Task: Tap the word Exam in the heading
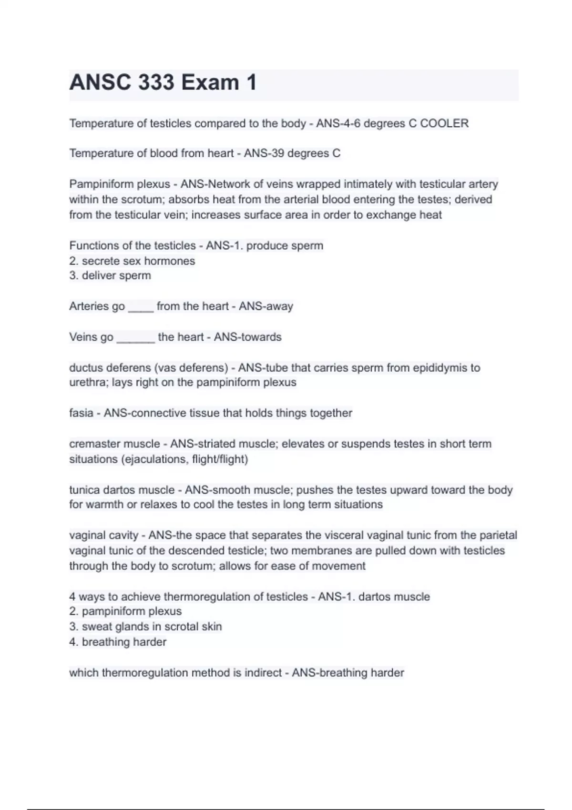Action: [x=210, y=82]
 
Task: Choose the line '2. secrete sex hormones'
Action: [x=132, y=261]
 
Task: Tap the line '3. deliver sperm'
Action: [x=110, y=275]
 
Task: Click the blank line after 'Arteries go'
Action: [x=141, y=307]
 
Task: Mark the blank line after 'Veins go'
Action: [x=136, y=338]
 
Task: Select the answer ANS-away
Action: [x=266, y=306]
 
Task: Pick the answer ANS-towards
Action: [x=247, y=337]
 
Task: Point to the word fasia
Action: [x=81, y=413]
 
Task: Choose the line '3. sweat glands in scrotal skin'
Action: [x=145, y=627]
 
